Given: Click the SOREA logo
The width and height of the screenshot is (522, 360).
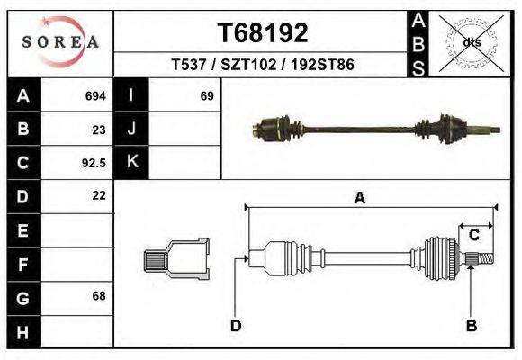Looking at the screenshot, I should pyautogui.click(x=59, y=42).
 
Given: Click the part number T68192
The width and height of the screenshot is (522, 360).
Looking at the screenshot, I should pyautogui.click(x=263, y=33).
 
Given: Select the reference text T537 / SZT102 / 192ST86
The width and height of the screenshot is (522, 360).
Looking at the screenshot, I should pyautogui.click(x=263, y=66).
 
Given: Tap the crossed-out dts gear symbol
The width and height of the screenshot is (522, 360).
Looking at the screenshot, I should pyautogui.click(x=470, y=42).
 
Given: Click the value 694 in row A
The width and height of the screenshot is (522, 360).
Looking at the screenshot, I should pyautogui.click(x=95, y=95).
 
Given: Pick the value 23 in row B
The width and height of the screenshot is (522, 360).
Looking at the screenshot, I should pyautogui.click(x=99, y=129).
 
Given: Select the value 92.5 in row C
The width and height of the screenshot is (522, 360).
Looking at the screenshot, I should pyautogui.click(x=94, y=163).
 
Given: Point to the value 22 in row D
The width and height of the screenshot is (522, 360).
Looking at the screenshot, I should pyautogui.click(x=99, y=195).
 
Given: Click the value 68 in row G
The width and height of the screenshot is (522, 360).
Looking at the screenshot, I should pyautogui.click(x=99, y=296).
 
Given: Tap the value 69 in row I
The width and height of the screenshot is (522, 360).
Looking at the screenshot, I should pyautogui.click(x=206, y=95).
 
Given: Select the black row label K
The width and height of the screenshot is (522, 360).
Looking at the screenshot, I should pyautogui.click(x=131, y=163).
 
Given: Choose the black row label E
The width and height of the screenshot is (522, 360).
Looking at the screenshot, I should pyautogui.click(x=22, y=230).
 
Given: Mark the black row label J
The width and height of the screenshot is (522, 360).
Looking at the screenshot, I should pyautogui.click(x=131, y=129).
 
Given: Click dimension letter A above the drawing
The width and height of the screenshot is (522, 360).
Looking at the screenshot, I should pyautogui.click(x=360, y=199).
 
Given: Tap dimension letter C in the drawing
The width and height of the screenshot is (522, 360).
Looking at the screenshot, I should pyautogui.click(x=473, y=235).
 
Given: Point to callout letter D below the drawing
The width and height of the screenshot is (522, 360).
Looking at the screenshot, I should pyautogui.click(x=236, y=325).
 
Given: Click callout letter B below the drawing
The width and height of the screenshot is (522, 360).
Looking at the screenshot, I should pyautogui.click(x=470, y=325).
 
